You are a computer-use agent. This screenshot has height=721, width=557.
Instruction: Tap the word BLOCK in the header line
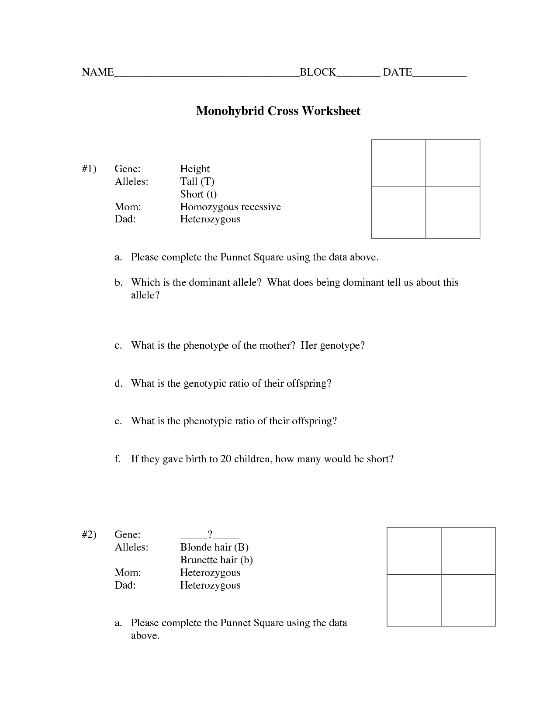(318, 73)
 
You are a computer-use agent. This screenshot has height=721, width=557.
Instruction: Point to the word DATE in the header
(398, 73)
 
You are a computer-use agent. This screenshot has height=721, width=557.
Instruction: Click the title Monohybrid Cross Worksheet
(278, 111)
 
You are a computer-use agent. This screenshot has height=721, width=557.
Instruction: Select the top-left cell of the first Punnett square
(398, 163)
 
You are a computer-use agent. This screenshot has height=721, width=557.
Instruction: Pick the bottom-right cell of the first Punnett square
(453, 212)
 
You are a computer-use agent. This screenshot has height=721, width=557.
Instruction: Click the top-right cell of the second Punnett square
(468, 551)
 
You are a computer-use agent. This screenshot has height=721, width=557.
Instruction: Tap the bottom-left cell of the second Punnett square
(414, 600)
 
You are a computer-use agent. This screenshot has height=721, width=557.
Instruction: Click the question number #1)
(89, 169)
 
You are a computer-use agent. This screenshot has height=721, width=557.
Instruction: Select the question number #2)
(89, 534)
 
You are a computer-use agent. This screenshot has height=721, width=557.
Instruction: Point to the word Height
(195, 169)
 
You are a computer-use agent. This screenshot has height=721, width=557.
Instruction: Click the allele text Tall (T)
(197, 181)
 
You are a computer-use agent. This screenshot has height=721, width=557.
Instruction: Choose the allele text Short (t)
(198, 194)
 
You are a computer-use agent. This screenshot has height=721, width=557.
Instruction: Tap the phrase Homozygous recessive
(230, 207)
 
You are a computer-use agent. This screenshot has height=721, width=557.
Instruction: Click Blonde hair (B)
(214, 547)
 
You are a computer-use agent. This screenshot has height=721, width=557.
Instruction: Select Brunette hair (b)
(216, 560)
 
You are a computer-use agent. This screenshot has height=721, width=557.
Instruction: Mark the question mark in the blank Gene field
(210, 534)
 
